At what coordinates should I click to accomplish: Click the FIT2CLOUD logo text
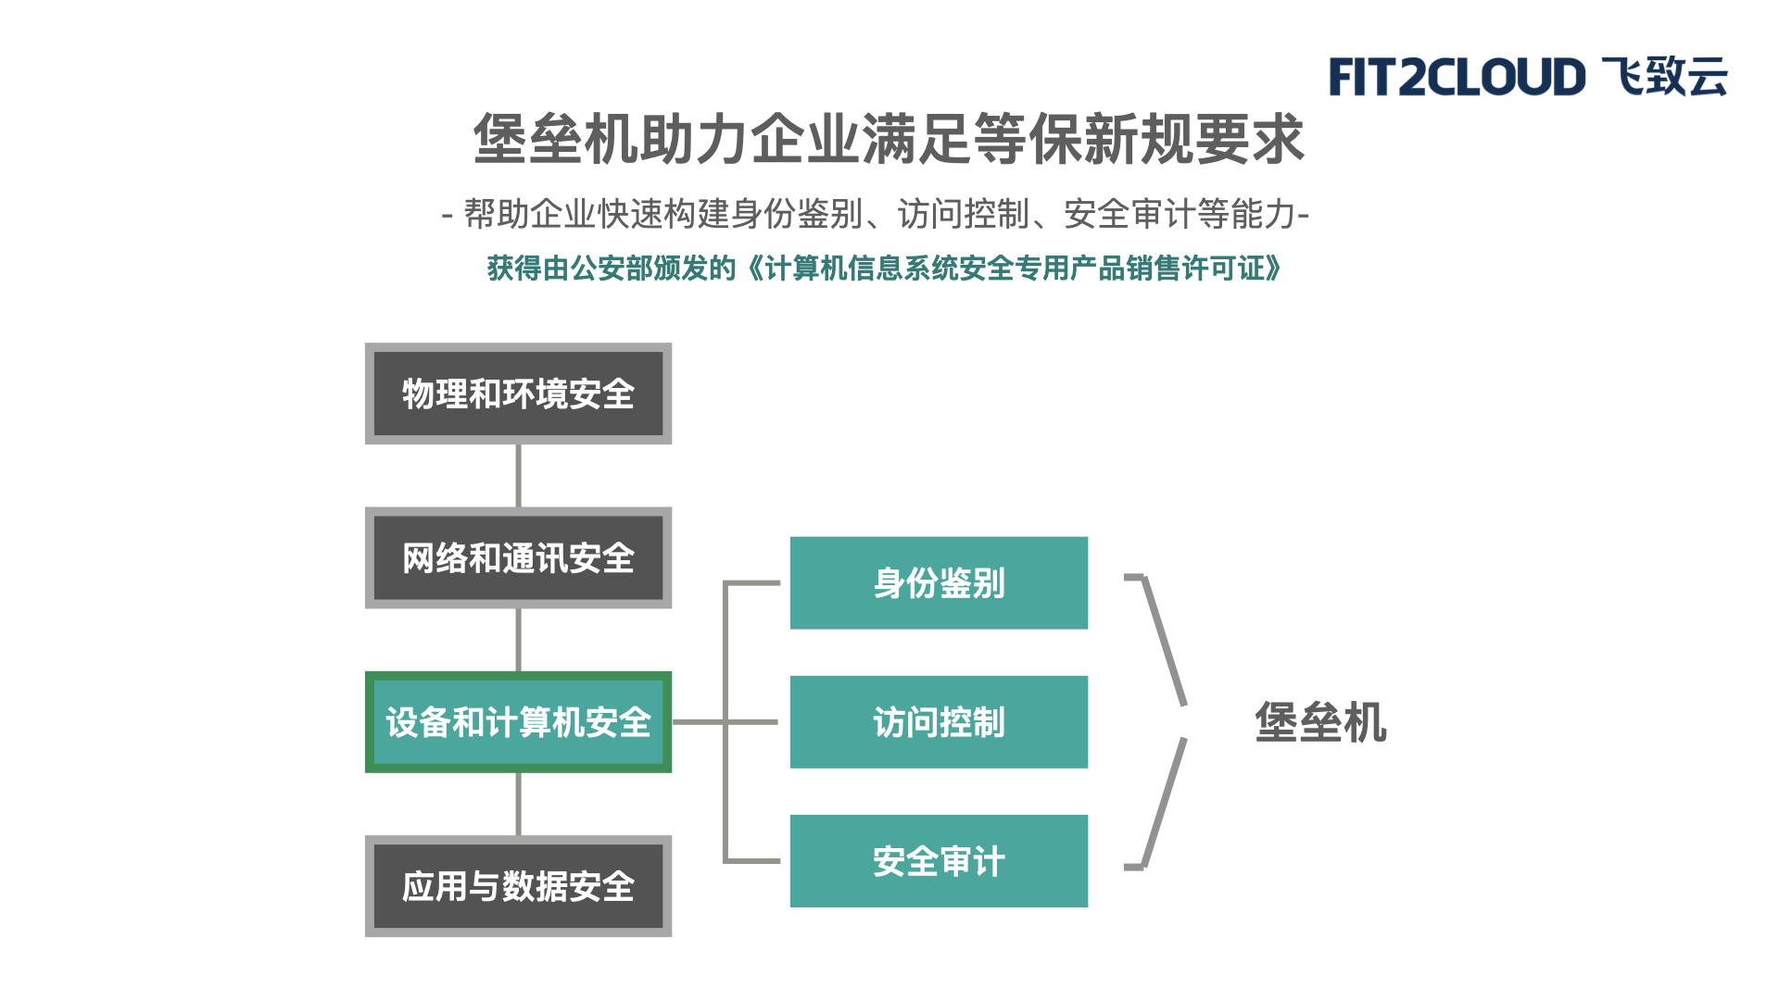tap(1457, 77)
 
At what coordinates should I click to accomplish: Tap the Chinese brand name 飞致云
tap(1665, 76)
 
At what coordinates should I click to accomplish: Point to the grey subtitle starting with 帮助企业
tap(876, 214)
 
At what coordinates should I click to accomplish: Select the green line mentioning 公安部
tap(885, 269)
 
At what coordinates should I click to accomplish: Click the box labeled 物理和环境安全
tap(518, 394)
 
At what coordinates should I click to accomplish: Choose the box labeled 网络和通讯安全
tap(518, 557)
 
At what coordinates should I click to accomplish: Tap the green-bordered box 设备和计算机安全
tap(518, 722)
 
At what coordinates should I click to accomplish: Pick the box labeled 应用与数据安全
tap(518, 886)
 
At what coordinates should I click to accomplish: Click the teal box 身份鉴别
tap(939, 583)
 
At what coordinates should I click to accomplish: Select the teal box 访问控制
tap(939, 722)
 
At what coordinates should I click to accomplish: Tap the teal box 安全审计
tap(939, 861)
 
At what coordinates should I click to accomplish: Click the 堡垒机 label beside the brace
tap(1320, 722)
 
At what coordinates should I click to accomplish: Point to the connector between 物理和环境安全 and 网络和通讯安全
tap(518, 476)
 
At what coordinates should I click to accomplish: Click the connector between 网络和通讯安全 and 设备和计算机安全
tap(518, 640)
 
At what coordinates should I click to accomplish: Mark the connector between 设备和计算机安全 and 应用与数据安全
tap(518, 804)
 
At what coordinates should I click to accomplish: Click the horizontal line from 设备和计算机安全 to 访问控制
tap(725, 722)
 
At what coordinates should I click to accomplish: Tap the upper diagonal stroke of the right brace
tap(1165, 641)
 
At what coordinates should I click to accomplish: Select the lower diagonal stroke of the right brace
tap(1165, 803)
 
